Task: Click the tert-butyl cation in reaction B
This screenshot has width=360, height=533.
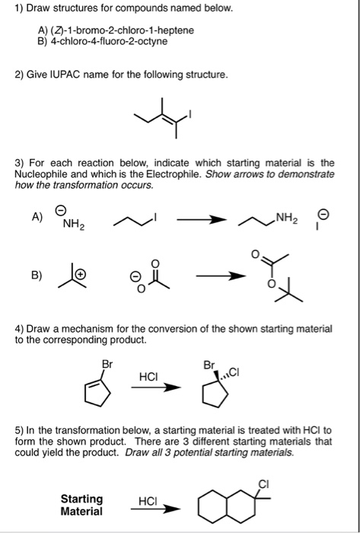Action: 68,275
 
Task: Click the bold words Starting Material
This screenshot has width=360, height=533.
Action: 81,506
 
